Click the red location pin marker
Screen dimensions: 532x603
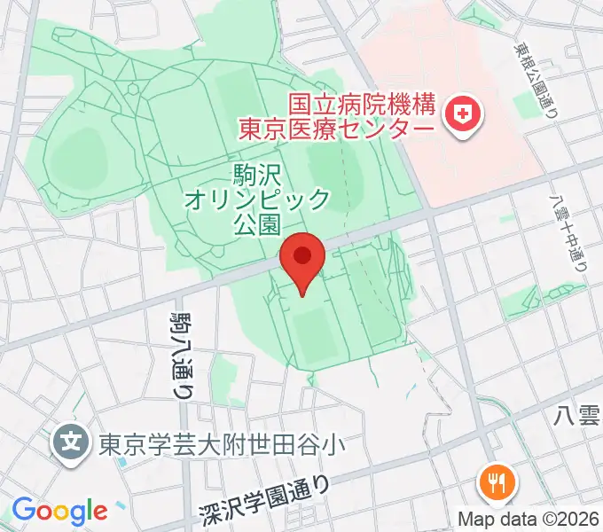click(301, 260)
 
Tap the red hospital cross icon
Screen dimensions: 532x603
click(461, 112)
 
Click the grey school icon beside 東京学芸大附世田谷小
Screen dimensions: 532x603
click(69, 441)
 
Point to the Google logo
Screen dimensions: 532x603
click(59, 510)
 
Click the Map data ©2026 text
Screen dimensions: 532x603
click(529, 518)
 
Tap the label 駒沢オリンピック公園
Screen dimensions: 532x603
click(257, 198)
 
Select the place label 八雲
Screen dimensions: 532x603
click(577, 414)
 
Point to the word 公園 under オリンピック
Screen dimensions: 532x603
click(257, 222)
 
